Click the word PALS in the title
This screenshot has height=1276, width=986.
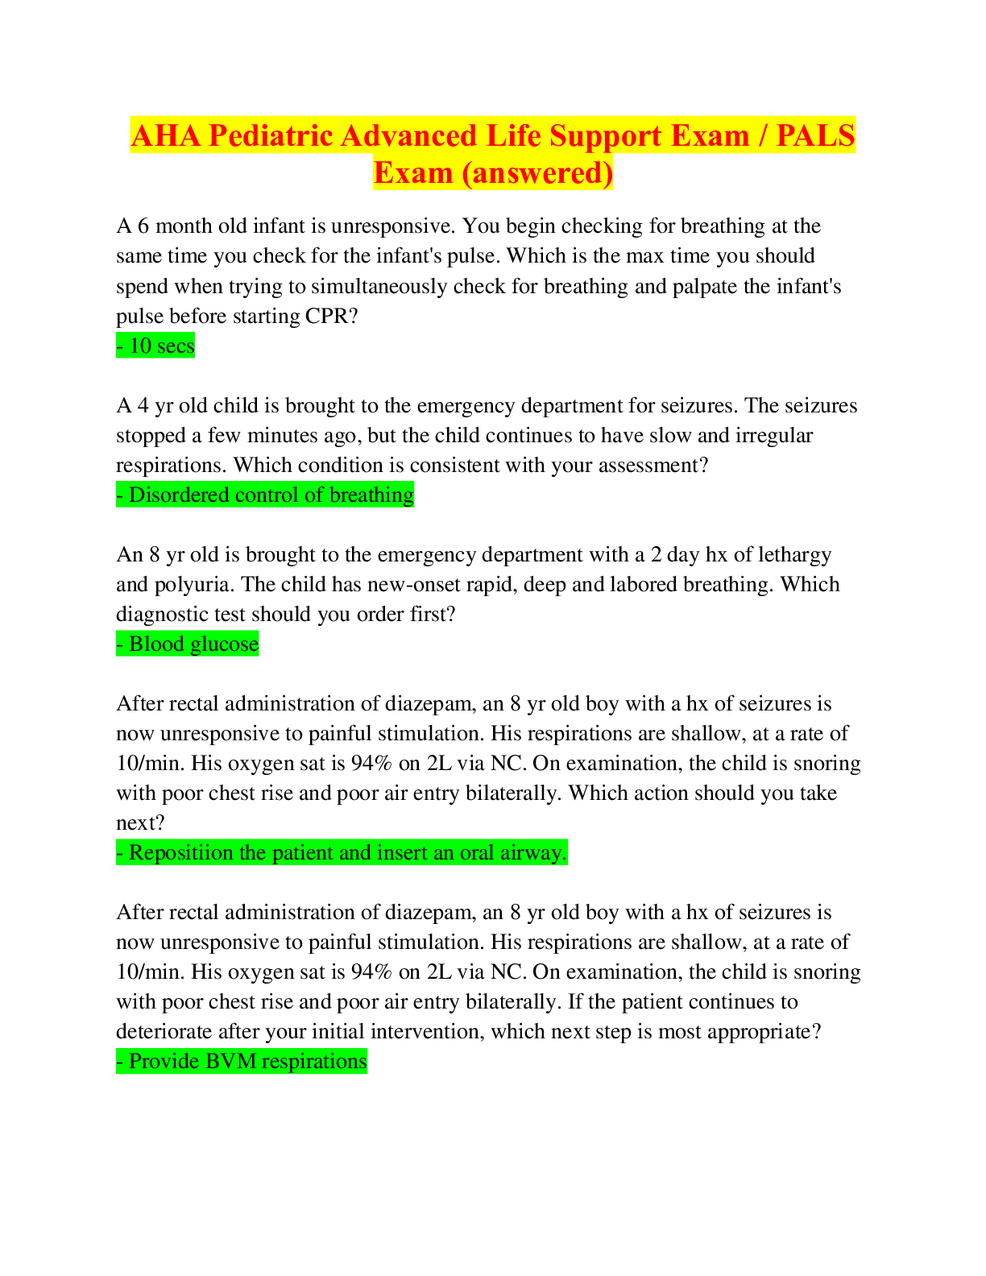pos(815,135)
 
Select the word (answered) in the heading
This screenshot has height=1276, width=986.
pos(537,172)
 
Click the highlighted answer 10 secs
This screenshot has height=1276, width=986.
pos(155,346)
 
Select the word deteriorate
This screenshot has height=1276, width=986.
pos(164,1031)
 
